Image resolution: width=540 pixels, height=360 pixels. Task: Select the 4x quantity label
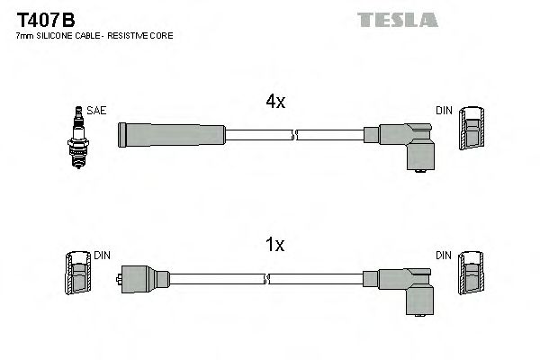274,103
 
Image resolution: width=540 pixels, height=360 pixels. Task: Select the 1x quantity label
274,245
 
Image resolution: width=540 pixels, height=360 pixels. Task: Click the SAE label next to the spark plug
97,111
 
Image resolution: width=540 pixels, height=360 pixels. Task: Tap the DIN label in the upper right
444,111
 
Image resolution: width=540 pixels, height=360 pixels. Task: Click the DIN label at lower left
102,256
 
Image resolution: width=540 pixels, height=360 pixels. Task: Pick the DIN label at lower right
444,256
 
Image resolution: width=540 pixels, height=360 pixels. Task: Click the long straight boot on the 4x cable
171,136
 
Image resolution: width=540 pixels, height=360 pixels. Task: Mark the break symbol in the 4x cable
294,136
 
